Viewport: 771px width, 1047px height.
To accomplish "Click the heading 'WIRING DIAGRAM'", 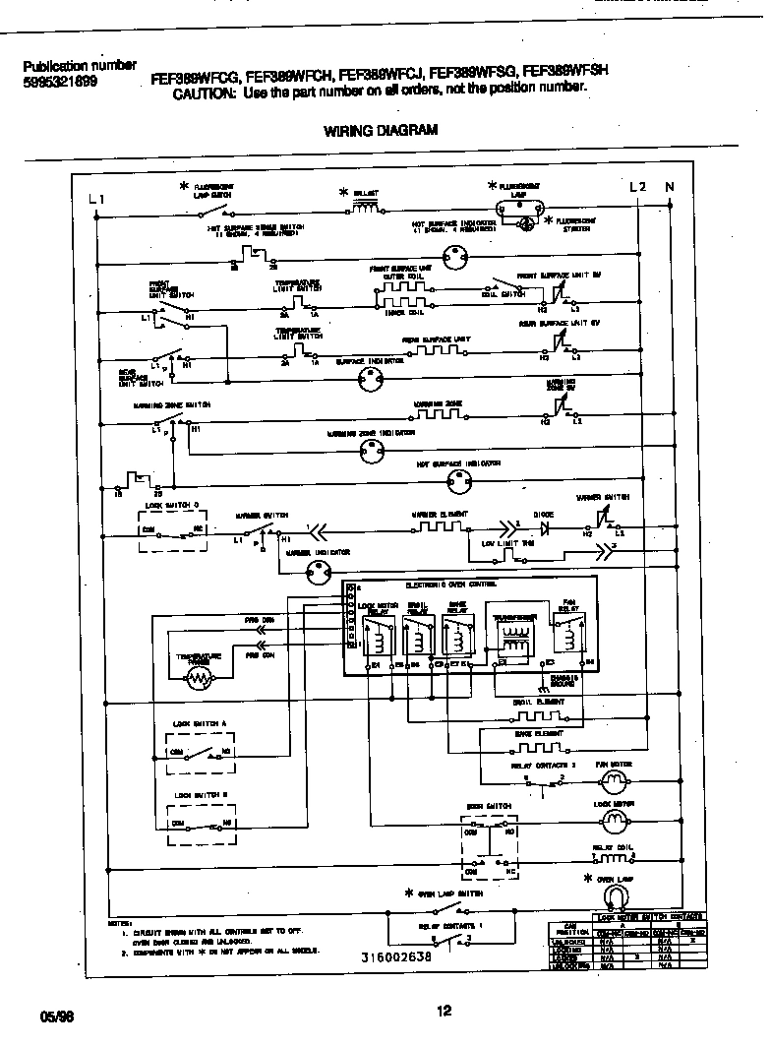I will point(381,130).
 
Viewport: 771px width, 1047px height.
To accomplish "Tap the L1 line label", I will point(95,199).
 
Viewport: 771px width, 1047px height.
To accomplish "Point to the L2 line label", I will point(637,187).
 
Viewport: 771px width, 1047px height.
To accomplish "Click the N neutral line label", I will point(670,187).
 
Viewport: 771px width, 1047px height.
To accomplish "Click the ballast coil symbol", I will point(366,208).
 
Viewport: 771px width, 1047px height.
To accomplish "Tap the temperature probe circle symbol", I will point(201,677).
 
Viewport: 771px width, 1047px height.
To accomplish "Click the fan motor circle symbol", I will point(615,781).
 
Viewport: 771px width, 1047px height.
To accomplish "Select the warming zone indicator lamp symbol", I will point(370,452).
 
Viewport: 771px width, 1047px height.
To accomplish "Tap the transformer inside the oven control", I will point(514,638).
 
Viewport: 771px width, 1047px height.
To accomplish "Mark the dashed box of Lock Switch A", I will point(199,752).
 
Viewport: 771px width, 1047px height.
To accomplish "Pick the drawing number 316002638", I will point(394,955).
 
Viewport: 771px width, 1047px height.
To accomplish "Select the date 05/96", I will point(58,1015).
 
